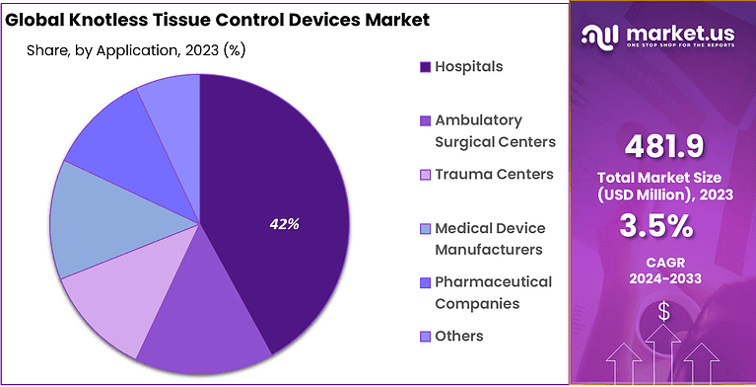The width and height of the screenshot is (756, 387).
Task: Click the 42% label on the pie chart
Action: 284,224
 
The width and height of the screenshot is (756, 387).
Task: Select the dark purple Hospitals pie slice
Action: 286,178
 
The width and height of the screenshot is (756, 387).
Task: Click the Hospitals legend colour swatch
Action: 425,67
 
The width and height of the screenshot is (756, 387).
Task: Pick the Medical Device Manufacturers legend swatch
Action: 425,229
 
